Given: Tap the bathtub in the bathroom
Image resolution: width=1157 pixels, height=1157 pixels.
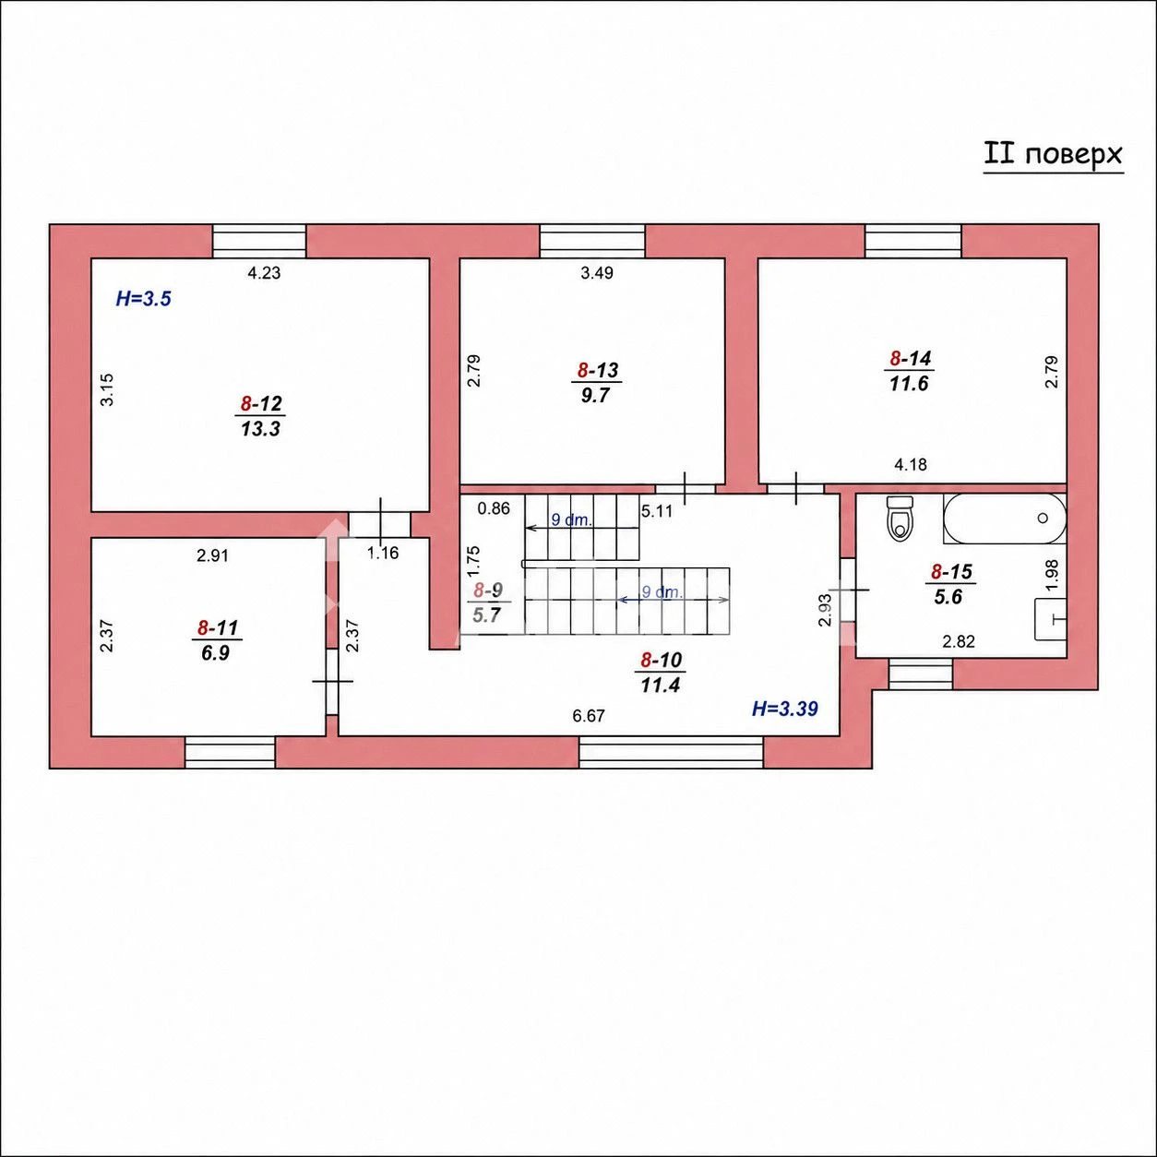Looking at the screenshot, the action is (x=1005, y=519).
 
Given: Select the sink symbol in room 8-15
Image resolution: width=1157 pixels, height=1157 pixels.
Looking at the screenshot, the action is (x=1050, y=619).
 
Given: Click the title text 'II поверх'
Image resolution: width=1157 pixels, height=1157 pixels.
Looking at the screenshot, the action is (x=1053, y=155).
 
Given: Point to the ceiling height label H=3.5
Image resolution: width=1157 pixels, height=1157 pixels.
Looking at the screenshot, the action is (x=144, y=298).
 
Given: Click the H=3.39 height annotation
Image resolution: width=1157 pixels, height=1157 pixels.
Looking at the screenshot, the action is (x=785, y=710).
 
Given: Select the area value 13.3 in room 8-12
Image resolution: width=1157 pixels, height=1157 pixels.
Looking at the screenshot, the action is (x=260, y=429).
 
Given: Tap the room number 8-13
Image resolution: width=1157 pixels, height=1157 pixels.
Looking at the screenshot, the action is (x=597, y=370).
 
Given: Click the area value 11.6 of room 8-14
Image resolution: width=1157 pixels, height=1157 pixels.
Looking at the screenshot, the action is (x=909, y=383).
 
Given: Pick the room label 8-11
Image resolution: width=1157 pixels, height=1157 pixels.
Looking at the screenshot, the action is (x=218, y=628).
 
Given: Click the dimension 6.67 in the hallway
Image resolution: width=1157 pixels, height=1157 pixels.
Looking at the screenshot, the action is (x=589, y=716).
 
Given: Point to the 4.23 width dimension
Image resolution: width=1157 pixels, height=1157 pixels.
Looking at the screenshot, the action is (x=264, y=273).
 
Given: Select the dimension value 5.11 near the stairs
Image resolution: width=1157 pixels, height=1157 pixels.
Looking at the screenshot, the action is (x=657, y=511).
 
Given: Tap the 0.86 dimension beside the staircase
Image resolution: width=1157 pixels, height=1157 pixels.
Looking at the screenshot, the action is (x=494, y=508).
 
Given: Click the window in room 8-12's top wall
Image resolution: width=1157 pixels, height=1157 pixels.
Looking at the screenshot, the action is (x=259, y=242).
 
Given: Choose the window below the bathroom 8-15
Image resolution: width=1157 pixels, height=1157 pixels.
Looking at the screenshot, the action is (x=921, y=674).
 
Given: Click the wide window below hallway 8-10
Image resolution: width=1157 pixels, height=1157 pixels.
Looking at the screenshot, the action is (x=672, y=752).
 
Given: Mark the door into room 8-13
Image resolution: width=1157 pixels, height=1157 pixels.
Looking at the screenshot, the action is (x=686, y=489).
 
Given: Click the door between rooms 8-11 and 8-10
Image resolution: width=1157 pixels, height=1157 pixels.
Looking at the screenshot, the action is (x=333, y=682).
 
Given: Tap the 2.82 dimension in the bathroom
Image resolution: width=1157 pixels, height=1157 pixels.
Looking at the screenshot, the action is (x=959, y=642).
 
